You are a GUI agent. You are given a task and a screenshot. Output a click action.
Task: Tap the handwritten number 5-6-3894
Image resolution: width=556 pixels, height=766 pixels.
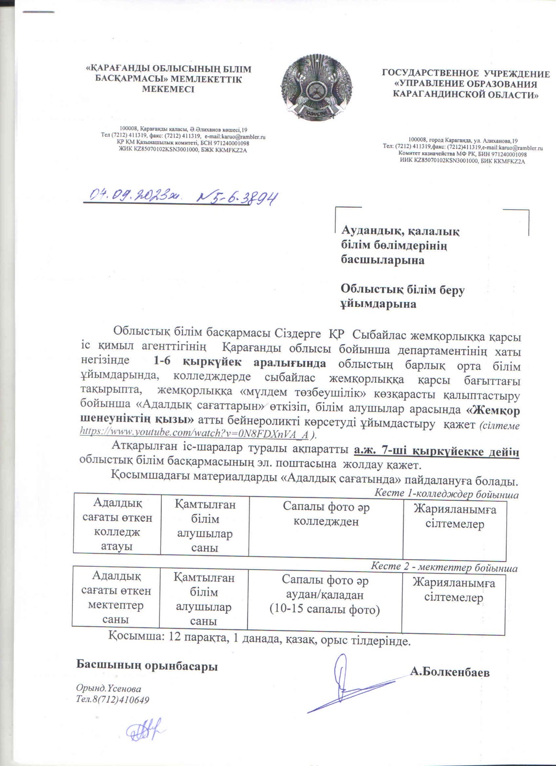click(238, 196)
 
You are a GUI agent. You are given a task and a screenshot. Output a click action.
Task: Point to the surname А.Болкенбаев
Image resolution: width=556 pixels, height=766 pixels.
click(450, 672)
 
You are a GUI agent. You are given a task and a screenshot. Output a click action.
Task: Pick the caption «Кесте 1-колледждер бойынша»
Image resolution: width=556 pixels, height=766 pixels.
click(446, 493)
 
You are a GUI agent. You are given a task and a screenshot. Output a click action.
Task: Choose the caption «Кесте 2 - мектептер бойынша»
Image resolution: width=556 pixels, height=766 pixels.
click(444, 567)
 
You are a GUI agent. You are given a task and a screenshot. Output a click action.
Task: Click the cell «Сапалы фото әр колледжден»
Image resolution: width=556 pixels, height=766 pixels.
click(326, 514)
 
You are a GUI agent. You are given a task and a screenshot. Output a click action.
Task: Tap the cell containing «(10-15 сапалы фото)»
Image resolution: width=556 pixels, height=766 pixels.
click(324, 595)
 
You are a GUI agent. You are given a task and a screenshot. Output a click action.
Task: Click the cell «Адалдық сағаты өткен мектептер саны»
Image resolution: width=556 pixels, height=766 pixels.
click(116, 597)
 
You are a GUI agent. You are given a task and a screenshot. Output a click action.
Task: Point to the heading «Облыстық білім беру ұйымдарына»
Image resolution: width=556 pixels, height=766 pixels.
click(402, 296)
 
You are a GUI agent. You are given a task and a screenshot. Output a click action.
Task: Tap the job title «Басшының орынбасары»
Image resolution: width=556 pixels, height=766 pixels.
click(148, 665)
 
